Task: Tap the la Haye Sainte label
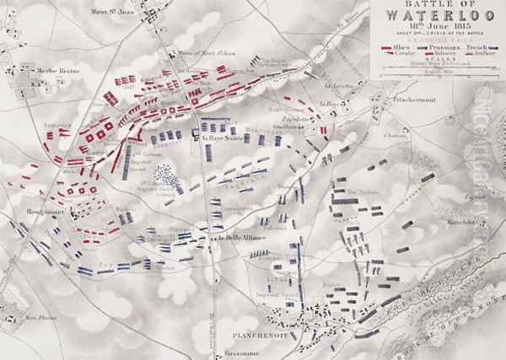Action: (218, 139)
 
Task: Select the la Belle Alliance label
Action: (228, 237)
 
